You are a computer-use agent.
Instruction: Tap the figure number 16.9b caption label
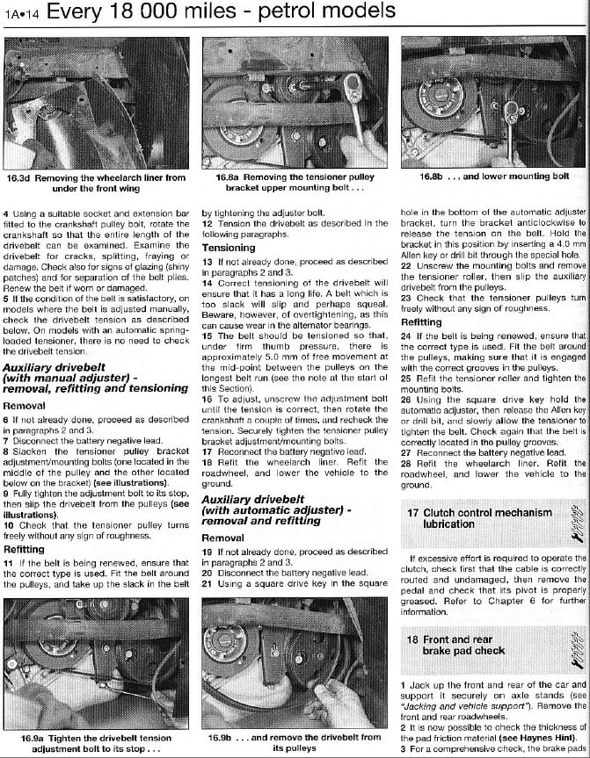coord(222,737)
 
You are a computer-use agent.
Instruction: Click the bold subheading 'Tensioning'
coord(229,249)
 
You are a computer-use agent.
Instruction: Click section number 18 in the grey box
coord(412,640)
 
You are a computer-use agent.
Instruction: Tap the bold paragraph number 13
coord(207,261)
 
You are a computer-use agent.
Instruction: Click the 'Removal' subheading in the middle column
coord(223,538)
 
